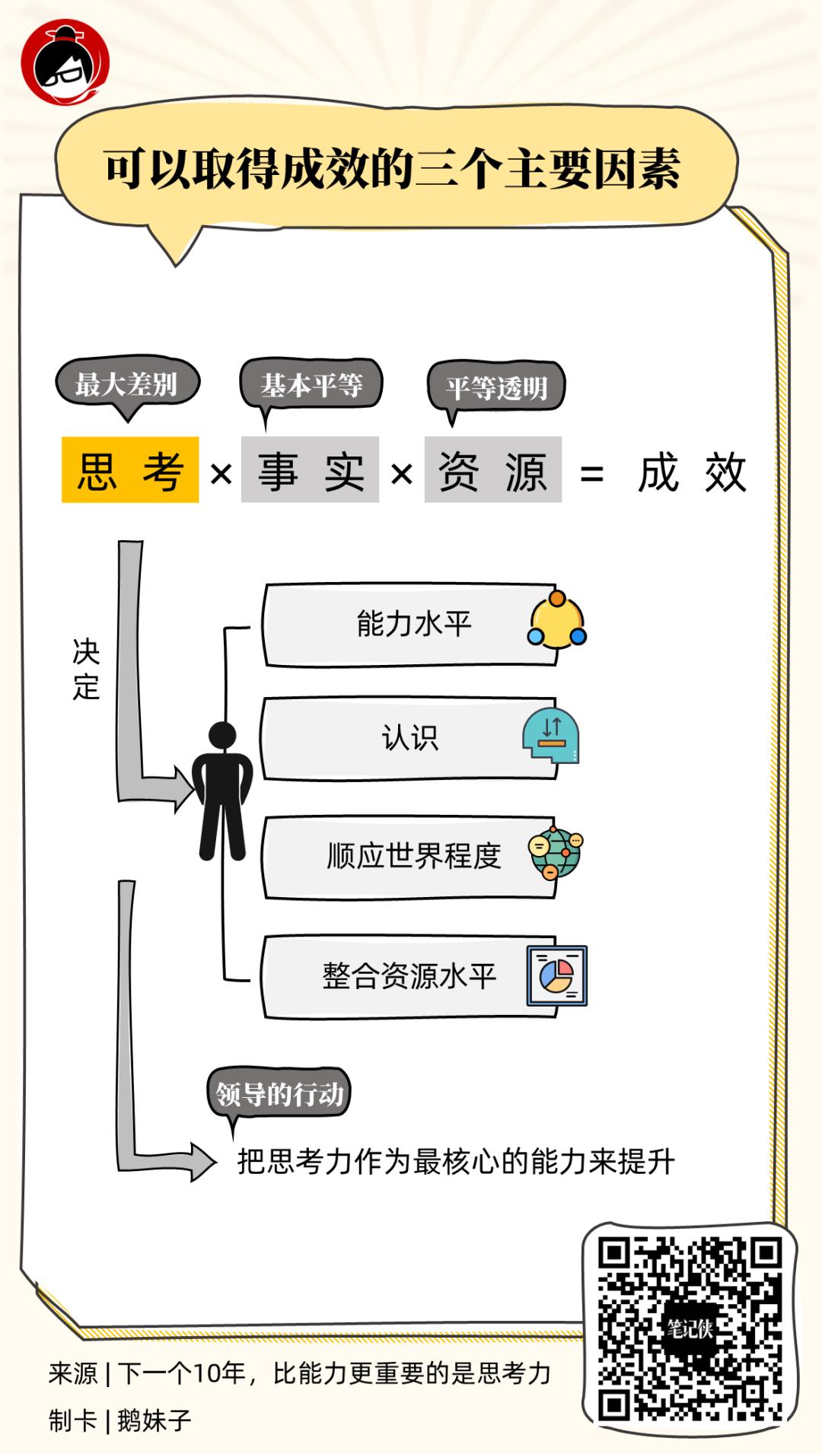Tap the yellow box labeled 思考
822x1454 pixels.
click(x=130, y=470)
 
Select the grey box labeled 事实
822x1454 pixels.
click(x=310, y=470)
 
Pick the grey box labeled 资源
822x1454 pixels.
click(x=492, y=470)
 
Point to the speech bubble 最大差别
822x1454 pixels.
click(x=126, y=384)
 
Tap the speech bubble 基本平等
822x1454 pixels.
click(x=311, y=385)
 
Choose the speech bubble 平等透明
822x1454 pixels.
click(x=496, y=388)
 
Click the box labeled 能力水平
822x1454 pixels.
click(x=411, y=625)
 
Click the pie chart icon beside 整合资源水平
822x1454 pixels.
click(x=556, y=975)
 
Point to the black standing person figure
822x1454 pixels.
click(x=222, y=791)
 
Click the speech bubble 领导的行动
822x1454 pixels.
click(x=279, y=1094)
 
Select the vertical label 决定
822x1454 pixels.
click(x=86, y=670)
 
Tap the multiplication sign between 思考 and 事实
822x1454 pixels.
click(x=221, y=475)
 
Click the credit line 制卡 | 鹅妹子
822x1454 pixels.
click(x=120, y=1421)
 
